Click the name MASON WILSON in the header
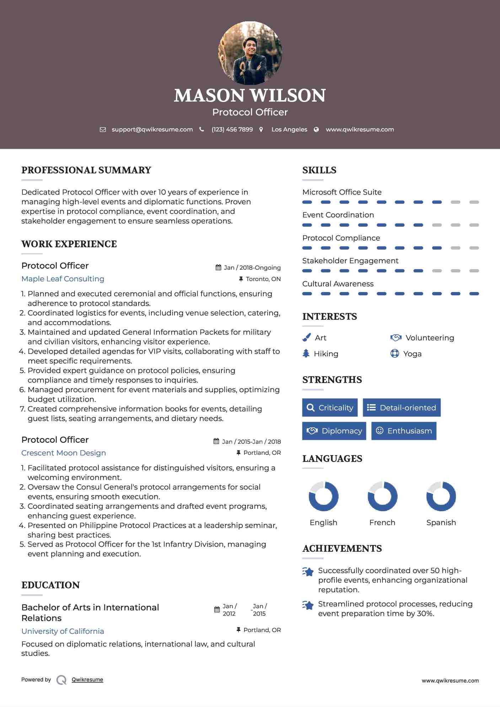pos(250,96)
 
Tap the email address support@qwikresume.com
pos(152,130)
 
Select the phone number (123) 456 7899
pos(232,130)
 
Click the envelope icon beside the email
pos(103,130)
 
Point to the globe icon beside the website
pos(316,130)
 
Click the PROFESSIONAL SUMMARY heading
pos(86,170)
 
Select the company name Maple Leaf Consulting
pos(63,279)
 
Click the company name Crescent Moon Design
pos(64,453)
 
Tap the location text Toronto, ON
pos(263,279)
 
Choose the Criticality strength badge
pos(330,408)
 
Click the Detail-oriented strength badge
pos(402,408)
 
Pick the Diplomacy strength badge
pos(334,431)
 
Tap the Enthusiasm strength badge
pos(404,431)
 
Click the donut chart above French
pos(382,496)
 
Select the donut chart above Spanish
pos(441,496)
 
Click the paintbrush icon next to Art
pos(306,338)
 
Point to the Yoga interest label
pos(412,354)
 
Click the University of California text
pos(63,631)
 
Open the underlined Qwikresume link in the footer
pos(87,680)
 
